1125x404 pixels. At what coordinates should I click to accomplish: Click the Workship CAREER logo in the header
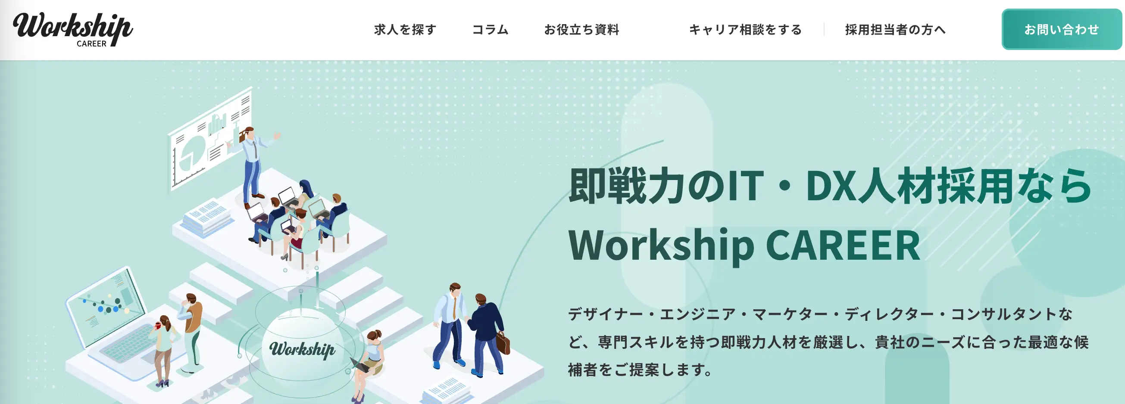point(73,29)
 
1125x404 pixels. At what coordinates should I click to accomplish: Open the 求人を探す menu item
point(405,30)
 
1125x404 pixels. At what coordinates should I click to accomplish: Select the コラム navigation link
point(491,30)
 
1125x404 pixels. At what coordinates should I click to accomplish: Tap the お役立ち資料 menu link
point(582,30)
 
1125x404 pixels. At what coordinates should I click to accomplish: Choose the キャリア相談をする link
point(746,30)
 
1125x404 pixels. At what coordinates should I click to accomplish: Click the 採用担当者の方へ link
point(895,30)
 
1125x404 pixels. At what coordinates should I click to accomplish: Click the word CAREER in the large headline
point(843,245)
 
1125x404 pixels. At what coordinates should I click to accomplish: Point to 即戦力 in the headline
point(627,186)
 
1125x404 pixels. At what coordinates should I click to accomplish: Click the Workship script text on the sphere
point(302,349)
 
